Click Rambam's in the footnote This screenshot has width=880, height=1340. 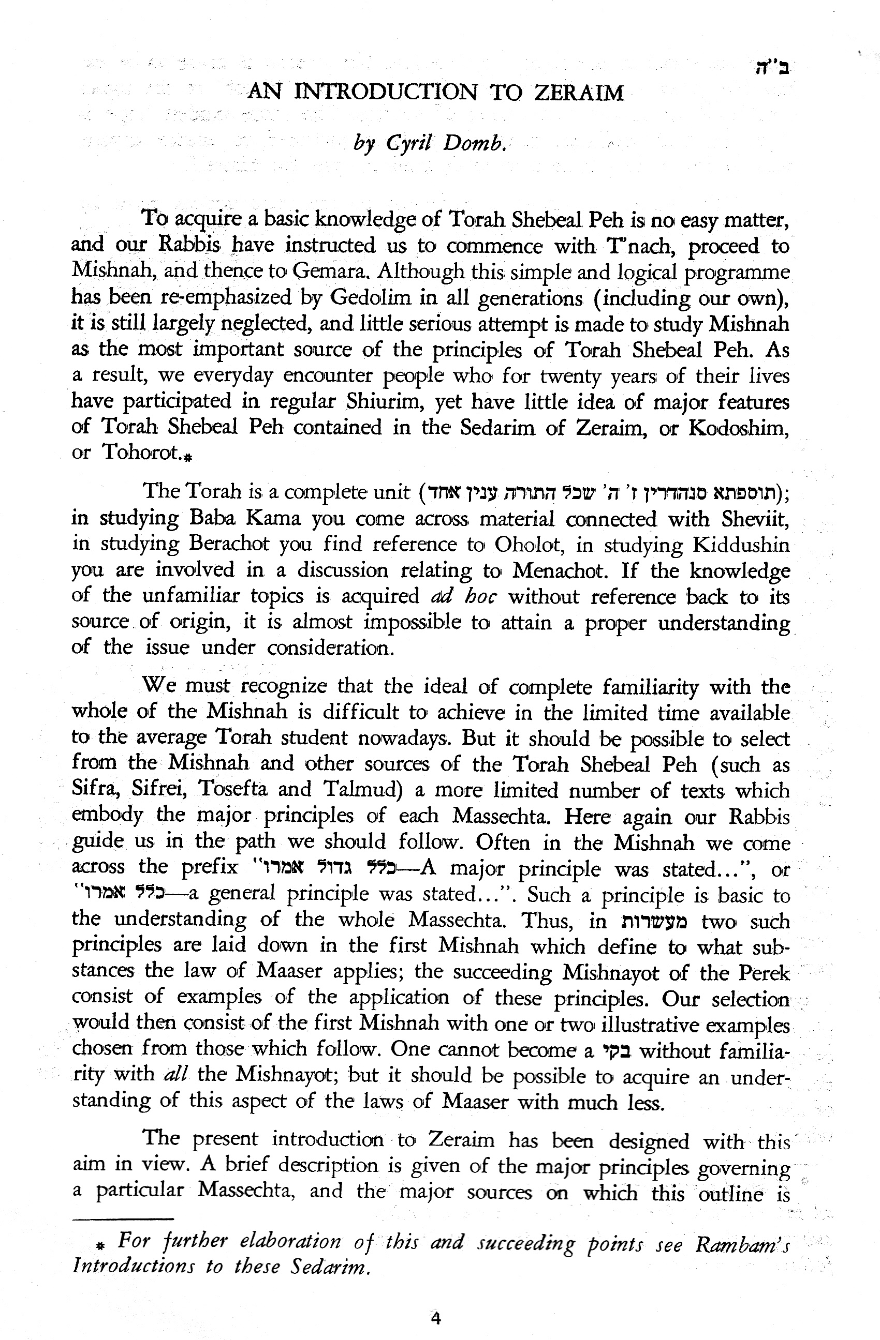pyautogui.click(x=741, y=1245)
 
